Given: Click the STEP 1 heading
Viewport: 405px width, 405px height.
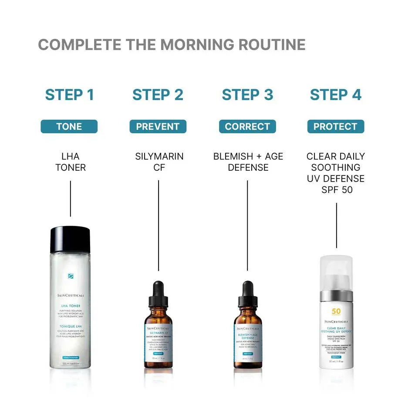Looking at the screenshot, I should click(70, 94).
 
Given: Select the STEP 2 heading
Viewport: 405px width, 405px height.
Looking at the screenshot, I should click(158, 94).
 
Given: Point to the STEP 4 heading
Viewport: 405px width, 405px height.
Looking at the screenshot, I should click(335, 94).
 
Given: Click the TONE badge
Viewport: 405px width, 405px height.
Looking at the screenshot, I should click(69, 127).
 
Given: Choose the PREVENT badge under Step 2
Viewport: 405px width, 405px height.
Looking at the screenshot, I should click(158, 127).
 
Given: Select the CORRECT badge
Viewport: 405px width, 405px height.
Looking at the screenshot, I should click(247, 127).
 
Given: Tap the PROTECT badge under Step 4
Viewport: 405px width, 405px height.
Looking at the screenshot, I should click(335, 127).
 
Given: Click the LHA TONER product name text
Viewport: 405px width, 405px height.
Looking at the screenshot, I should click(71, 162).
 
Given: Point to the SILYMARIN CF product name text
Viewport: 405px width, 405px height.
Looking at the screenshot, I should click(159, 162).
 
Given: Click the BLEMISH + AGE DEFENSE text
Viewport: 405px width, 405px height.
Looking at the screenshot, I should click(248, 162).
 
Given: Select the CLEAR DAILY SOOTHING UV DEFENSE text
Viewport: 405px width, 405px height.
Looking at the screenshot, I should click(335, 173).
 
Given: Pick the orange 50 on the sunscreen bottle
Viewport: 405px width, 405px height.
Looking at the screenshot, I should click(336, 311).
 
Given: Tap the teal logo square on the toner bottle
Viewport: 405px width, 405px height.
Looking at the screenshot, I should click(71, 276).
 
